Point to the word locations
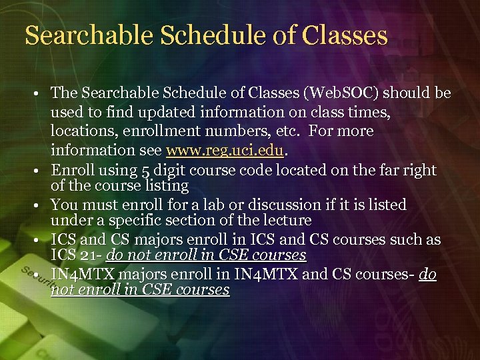(x=83, y=131)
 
